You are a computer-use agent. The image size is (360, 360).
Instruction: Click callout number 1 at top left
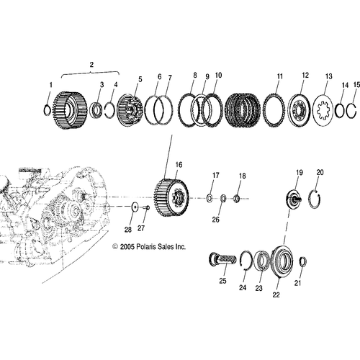coord(50,86)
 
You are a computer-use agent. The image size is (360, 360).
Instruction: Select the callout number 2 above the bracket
coord(91,66)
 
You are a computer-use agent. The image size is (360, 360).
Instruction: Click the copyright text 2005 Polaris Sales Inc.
coord(149,246)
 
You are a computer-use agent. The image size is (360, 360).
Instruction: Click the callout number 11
coord(279,76)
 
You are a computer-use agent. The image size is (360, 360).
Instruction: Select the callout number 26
coord(215,220)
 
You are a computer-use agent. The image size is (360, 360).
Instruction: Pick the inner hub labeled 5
coord(130,109)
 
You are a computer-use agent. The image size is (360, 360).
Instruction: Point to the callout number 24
coord(241,287)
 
